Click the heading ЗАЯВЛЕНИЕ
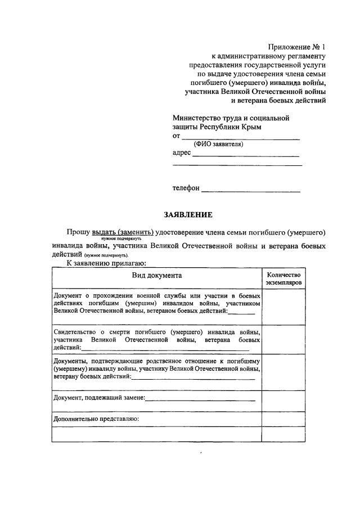(188, 215)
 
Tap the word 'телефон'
(186, 188)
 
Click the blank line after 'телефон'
(250, 189)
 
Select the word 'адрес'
(182, 152)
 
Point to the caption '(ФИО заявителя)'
(218, 144)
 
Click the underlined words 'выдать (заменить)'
(123, 232)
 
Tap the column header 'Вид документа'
(157, 276)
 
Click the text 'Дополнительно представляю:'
(96, 419)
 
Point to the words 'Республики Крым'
(234, 127)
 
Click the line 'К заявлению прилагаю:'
(106, 262)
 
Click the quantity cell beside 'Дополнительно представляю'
(283, 419)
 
